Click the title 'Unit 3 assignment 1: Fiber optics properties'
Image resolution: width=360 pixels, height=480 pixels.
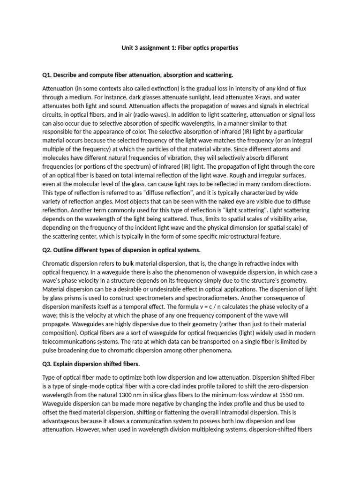tap(180, 48)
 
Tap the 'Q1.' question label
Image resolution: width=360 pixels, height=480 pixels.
tap(49, 75)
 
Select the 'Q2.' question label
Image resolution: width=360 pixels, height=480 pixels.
tap(49, 250)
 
